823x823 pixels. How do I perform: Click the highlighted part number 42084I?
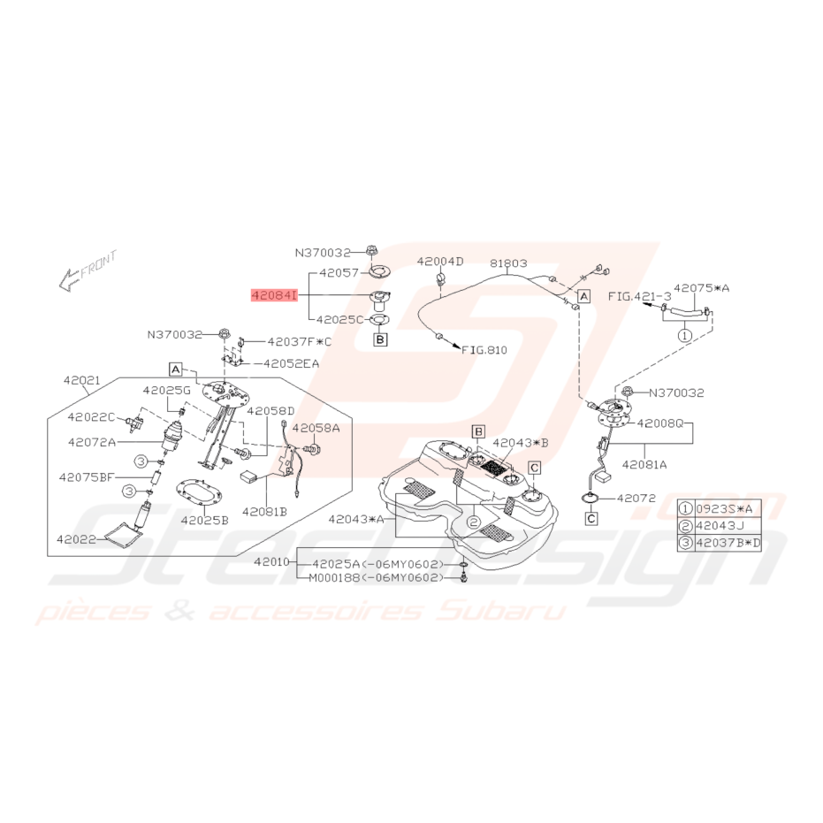click(x=274, y=296)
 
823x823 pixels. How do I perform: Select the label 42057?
click(x=339, y=273)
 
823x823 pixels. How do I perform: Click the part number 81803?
click(x=508, y=263)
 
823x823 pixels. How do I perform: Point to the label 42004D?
click(x=440, y=261)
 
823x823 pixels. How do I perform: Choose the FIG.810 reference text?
click(x=484, y=349)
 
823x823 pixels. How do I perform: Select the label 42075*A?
click(x=702, y=287)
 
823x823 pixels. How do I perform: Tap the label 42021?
click(x=82, y=380)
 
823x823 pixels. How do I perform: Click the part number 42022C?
click(x=91, y=416)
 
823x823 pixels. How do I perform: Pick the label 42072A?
click(x=91, y=442)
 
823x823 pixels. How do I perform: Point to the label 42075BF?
click(x=86, y=477)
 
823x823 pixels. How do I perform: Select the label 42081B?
click(x=264, y=511)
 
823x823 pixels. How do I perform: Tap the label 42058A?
click(x=316, y=428)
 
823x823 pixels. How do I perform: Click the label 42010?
click(x=271, y=562)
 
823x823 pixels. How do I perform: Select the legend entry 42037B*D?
click(x=728, y=543)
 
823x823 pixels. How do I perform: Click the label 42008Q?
click(x=660, y=423)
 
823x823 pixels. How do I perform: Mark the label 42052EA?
click(x=291, y=363)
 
